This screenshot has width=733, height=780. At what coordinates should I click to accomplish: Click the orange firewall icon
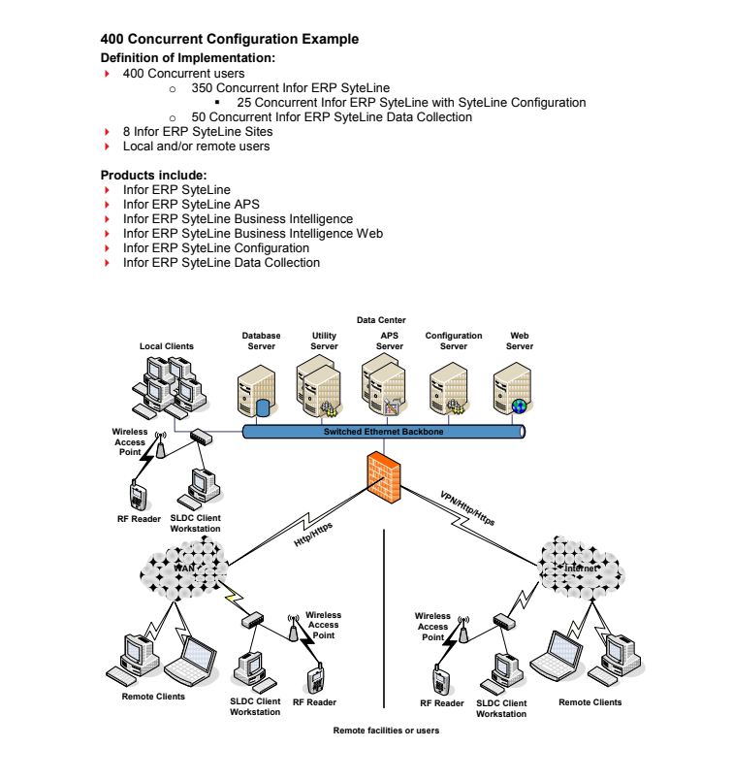(x=382, y=474)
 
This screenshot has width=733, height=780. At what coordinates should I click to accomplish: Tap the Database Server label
(x=261, y=341)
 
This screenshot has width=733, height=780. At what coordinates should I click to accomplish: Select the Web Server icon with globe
(x=515, y=389)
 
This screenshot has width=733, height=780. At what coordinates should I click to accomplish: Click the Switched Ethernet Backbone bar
(x=383, y=432)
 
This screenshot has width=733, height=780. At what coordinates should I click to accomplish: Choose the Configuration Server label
(x=453, y=341)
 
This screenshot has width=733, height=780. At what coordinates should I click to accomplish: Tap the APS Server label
(x=389, y=341)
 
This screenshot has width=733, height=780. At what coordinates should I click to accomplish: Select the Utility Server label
(x=324, y=341)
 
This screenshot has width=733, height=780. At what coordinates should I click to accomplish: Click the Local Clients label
(x=167, y=345)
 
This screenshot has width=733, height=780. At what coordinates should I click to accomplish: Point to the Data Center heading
(x=381, y=320)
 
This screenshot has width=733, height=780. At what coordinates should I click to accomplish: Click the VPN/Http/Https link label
(x=467, y=507)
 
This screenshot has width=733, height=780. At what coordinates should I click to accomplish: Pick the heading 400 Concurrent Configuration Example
(x=230, y=40)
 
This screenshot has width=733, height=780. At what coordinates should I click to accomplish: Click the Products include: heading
(x=153, y=175)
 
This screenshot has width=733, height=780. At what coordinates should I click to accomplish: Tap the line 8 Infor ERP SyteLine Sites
(x=197, y=131)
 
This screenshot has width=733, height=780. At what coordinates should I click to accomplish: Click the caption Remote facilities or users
(x=386, y=731)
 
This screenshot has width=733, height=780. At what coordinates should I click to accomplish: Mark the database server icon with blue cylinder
(x=257, y=390)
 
